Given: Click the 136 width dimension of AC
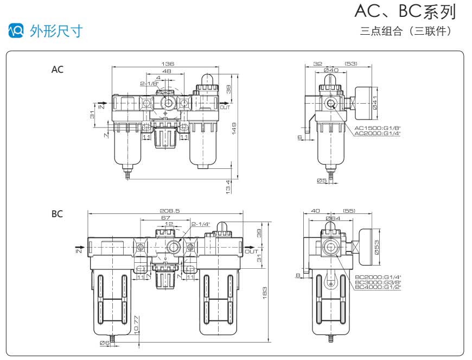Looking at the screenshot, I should [x=164, y=64].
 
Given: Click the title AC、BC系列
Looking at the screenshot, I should [x=404, y=12].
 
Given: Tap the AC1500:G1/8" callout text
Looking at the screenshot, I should [x=377, y=128].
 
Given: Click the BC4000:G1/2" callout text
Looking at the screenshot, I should [x=377, y=287].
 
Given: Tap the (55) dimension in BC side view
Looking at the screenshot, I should [x=349, y=211].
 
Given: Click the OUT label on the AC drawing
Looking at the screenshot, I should [x=225, y=107].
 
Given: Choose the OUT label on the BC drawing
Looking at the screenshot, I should [x=251, y=251].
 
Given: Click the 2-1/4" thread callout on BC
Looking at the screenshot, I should [x=200, y=224].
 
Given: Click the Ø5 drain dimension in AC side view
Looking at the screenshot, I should [x=322, y=180].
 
